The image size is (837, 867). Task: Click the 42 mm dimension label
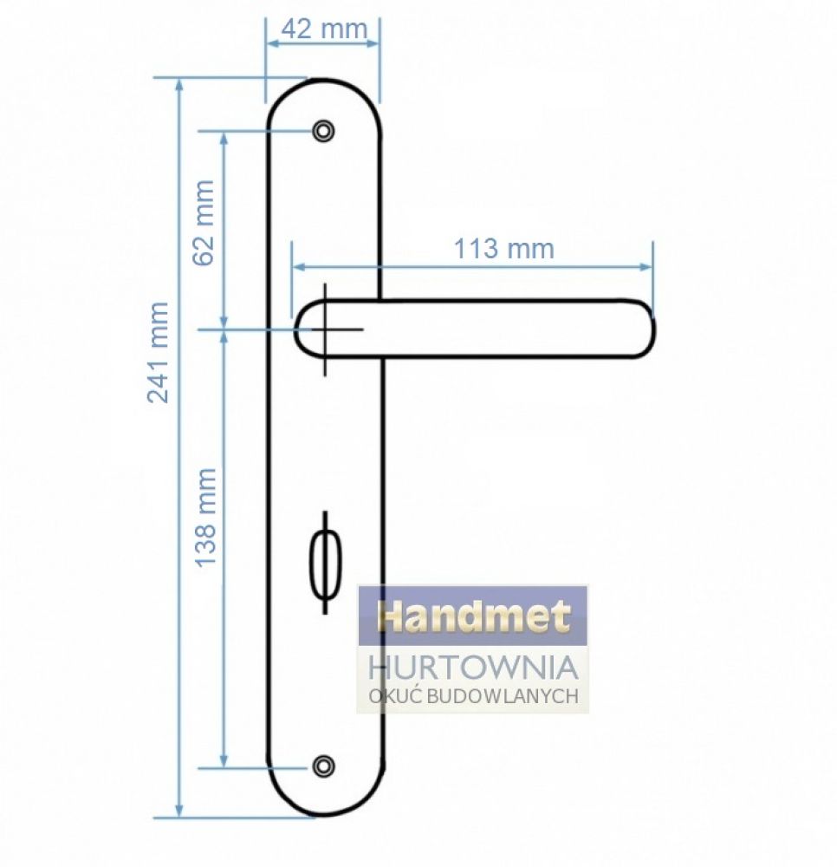[x=324, y=29]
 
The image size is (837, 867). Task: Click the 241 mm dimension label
[x=158, y=352]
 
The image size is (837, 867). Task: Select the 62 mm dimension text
[x=204, y=223]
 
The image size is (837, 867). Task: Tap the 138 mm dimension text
[x=205, y=518]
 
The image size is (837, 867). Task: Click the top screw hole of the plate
[x=323, y=131]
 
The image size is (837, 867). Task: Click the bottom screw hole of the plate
[x=323, y=766]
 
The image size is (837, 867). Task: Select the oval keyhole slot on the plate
[x=326, y=564]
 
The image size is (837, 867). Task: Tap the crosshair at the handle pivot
[x=326, y=329]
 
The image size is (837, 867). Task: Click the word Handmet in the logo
[x=473, y=616]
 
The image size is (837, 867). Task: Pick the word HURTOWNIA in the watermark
[x=472, y=668]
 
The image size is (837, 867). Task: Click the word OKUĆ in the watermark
[x=396, y=695]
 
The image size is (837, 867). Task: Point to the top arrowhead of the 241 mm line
[x=178, y=85]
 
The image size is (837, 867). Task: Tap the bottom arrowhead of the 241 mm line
[x=178, y=810]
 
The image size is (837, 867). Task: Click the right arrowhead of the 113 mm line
[x=646, y=267]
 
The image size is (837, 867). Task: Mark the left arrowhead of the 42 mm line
[x=273, y=43]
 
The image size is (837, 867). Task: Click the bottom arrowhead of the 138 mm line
[x=224, y=760]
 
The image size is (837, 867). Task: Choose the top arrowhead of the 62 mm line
[x=224, y=139]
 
